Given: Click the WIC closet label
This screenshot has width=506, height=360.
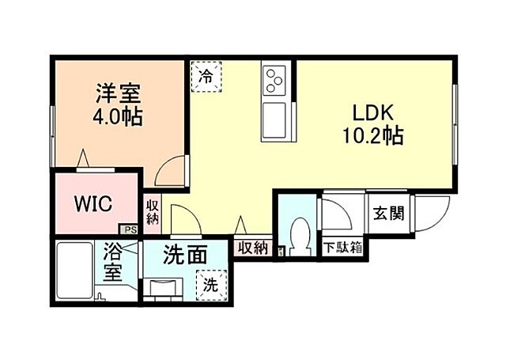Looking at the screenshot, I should [93, 204].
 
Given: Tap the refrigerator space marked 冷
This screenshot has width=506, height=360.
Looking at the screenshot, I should [206, 77].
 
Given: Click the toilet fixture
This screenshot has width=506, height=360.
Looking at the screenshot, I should [300, 234].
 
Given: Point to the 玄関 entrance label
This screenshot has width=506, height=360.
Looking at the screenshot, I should [389, 213].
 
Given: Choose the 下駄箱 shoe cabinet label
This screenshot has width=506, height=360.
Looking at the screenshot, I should [342, 248].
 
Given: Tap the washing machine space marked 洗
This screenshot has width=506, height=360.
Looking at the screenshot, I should [211, 282].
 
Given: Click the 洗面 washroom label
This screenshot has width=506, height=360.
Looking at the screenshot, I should [186, 256].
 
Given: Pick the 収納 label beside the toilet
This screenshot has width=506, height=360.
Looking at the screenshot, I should [253, 248].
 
